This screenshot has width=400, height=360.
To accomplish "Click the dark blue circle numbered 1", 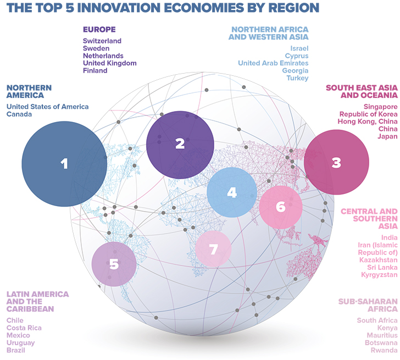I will tap(64, 163).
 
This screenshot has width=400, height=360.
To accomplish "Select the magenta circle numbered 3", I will tap(336, 162).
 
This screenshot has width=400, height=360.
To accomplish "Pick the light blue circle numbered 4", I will tap(232, 192).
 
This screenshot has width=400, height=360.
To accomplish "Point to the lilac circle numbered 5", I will tap(114, 264).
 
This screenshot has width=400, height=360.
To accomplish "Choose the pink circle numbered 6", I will tap(281, 207).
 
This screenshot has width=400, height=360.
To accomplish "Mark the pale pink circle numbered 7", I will tap(214, 249).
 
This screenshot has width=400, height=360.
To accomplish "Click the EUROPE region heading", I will tap(99, 29).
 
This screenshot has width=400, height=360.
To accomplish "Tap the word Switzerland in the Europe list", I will tap(102, 41).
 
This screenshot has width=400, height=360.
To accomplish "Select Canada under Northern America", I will tap(19, 114).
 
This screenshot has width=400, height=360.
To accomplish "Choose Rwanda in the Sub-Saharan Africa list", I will tap(384, 350).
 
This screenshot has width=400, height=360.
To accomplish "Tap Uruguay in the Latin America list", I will tap(20, 343).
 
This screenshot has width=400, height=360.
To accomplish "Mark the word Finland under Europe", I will tap(95, 71).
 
